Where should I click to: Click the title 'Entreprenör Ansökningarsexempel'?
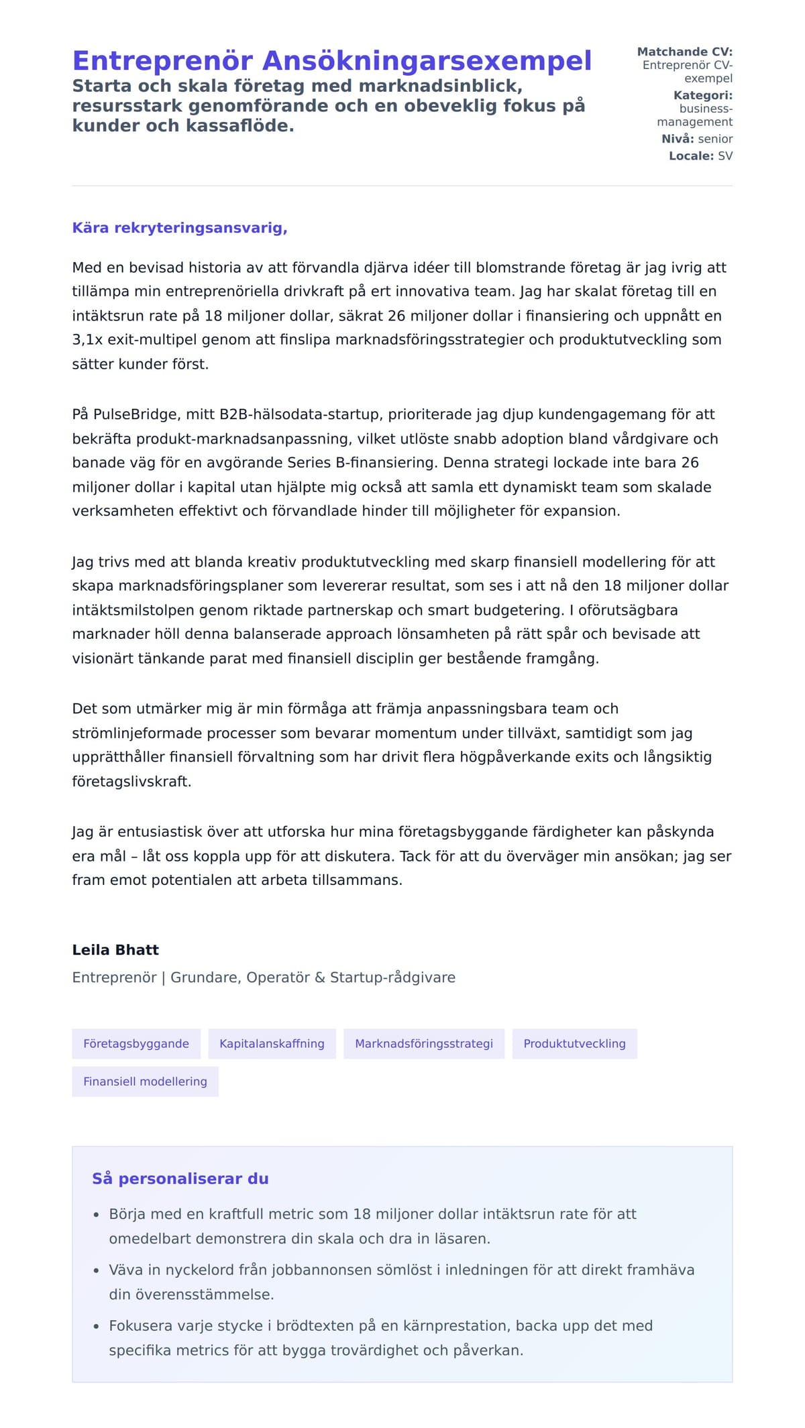pos(331,61)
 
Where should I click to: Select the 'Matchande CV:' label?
pos(684,52)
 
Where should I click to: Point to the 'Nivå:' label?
pos(678,139)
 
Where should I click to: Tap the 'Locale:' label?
pos(691,156)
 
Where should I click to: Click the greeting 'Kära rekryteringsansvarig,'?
pos(180,228)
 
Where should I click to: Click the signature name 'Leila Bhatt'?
pos(115,950)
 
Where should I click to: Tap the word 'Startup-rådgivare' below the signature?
pos(392,977)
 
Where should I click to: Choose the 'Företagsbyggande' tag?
pos(136,1044)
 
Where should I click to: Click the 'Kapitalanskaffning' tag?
pos(272,1044)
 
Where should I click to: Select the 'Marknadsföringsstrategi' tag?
pos(424,1044)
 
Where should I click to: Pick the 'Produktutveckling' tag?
pos(574,1044)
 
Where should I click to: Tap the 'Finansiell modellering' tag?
pos(145,1081)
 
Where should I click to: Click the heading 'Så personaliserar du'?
pos(180,1179)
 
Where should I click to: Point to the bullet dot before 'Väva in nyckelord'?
pos(97,1270)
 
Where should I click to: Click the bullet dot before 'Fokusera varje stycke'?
pos(97,1326)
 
